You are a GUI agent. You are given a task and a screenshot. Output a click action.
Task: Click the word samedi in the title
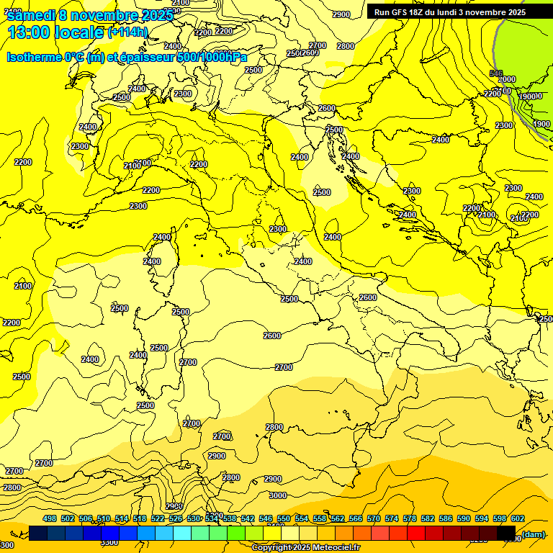[30, 16]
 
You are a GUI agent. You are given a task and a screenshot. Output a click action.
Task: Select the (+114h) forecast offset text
[127, 32]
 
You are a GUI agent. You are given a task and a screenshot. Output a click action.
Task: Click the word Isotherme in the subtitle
[33, 58]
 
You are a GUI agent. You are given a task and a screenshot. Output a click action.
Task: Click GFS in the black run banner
[398, 12]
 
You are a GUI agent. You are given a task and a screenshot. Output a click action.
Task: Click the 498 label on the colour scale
[50, 519]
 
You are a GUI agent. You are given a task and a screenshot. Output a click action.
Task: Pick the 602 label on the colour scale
[518, 519]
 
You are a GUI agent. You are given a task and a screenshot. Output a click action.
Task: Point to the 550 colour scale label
[284, 519]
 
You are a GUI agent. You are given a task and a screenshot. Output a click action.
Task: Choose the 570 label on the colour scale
[374, 519]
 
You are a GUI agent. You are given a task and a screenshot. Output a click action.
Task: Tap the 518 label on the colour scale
[140, 519]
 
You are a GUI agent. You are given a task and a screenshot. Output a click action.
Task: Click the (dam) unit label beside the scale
[533, 534]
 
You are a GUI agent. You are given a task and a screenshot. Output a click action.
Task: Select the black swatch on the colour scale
[506, 533]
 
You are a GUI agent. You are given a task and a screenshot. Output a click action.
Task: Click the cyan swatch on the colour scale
[182, 533]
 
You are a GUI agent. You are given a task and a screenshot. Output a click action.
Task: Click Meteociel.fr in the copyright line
[336, 548]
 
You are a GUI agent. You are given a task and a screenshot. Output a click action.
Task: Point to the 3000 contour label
[277, 495]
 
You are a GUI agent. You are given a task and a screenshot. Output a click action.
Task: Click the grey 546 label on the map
[496, 73]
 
